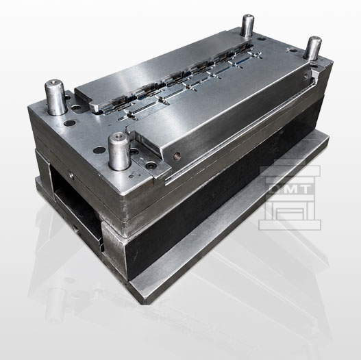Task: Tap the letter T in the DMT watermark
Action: [x=305, y=189]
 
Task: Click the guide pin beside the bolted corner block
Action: [x=119, y=151]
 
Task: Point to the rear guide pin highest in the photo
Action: [x=247, y=25]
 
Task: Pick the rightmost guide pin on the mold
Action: [x=312, y=48]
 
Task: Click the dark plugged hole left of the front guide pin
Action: [x=99, y=151]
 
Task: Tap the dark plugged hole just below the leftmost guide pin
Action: [x=70, y=123]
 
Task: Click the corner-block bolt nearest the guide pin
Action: [x=134, y=152]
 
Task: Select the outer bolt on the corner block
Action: [x=151, y=165]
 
